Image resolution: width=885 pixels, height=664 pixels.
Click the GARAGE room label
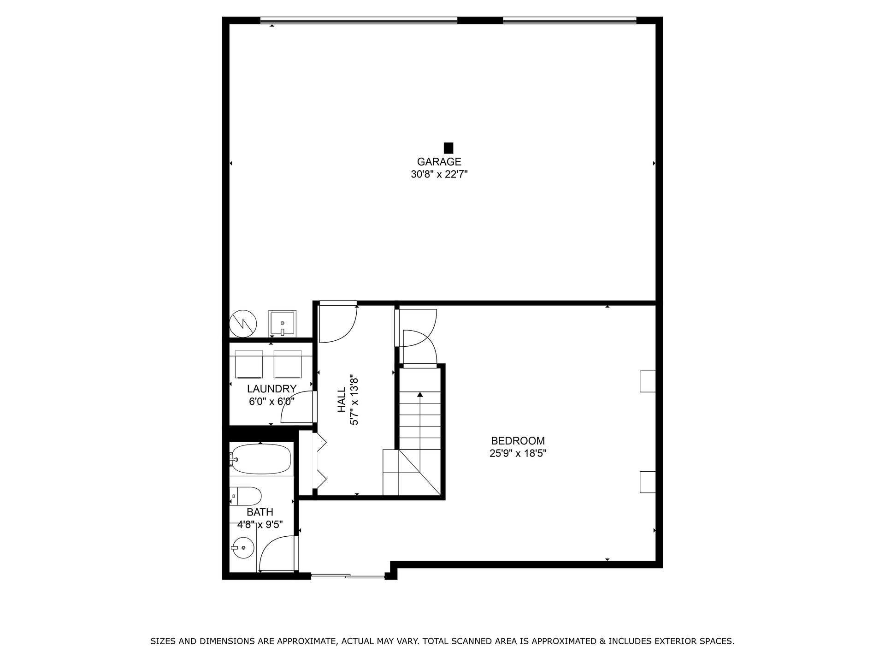click(x=439, y=162)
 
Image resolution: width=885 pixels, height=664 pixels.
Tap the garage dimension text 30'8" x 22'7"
click(x=439, y=174)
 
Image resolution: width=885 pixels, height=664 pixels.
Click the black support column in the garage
click(x=448, y=148)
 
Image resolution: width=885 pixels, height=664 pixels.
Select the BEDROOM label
click(x=518, y=441)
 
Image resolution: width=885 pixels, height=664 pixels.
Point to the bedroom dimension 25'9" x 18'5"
click(x=518, y=453)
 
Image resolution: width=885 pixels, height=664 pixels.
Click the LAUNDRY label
click(x=271, y=389)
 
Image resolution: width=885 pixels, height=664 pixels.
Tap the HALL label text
click(x=342, y=400)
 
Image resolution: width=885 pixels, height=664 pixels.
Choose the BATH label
click(x=260, y=512)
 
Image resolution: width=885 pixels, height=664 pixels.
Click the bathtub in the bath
click(x=261, y=459)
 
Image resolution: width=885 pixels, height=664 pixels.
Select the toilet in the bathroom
click(x=245, y=496)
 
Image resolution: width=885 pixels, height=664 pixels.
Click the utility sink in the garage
click(x=282, y=324)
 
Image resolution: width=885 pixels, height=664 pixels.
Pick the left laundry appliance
click(x=249, y=364)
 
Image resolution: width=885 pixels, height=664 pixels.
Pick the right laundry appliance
click(x=288, y=364)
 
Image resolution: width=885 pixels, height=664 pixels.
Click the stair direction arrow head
click(x=420, y=394)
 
